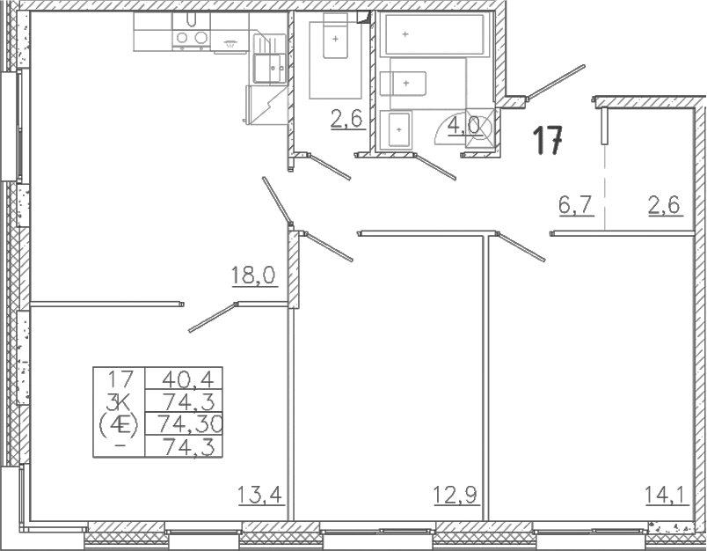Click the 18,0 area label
tap(254, 275)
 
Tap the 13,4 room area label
tap(259, 495)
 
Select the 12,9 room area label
tap(456, 495)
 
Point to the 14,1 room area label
tap(667, 495)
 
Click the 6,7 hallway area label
tap(575, 206)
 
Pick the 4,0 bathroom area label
tap(463, 125)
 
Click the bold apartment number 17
tap(548, 140)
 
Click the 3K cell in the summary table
tap(119, 400)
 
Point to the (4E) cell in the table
tap(119, 424)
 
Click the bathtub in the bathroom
tap(434, 34)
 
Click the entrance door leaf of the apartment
tap(556, 82)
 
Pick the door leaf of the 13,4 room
tap(213, 318)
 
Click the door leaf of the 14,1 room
tap(521, 246)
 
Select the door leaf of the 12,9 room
tap(328, 246)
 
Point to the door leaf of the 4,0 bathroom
tap(434, 167)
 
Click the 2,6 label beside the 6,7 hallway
tap(665, 206)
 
